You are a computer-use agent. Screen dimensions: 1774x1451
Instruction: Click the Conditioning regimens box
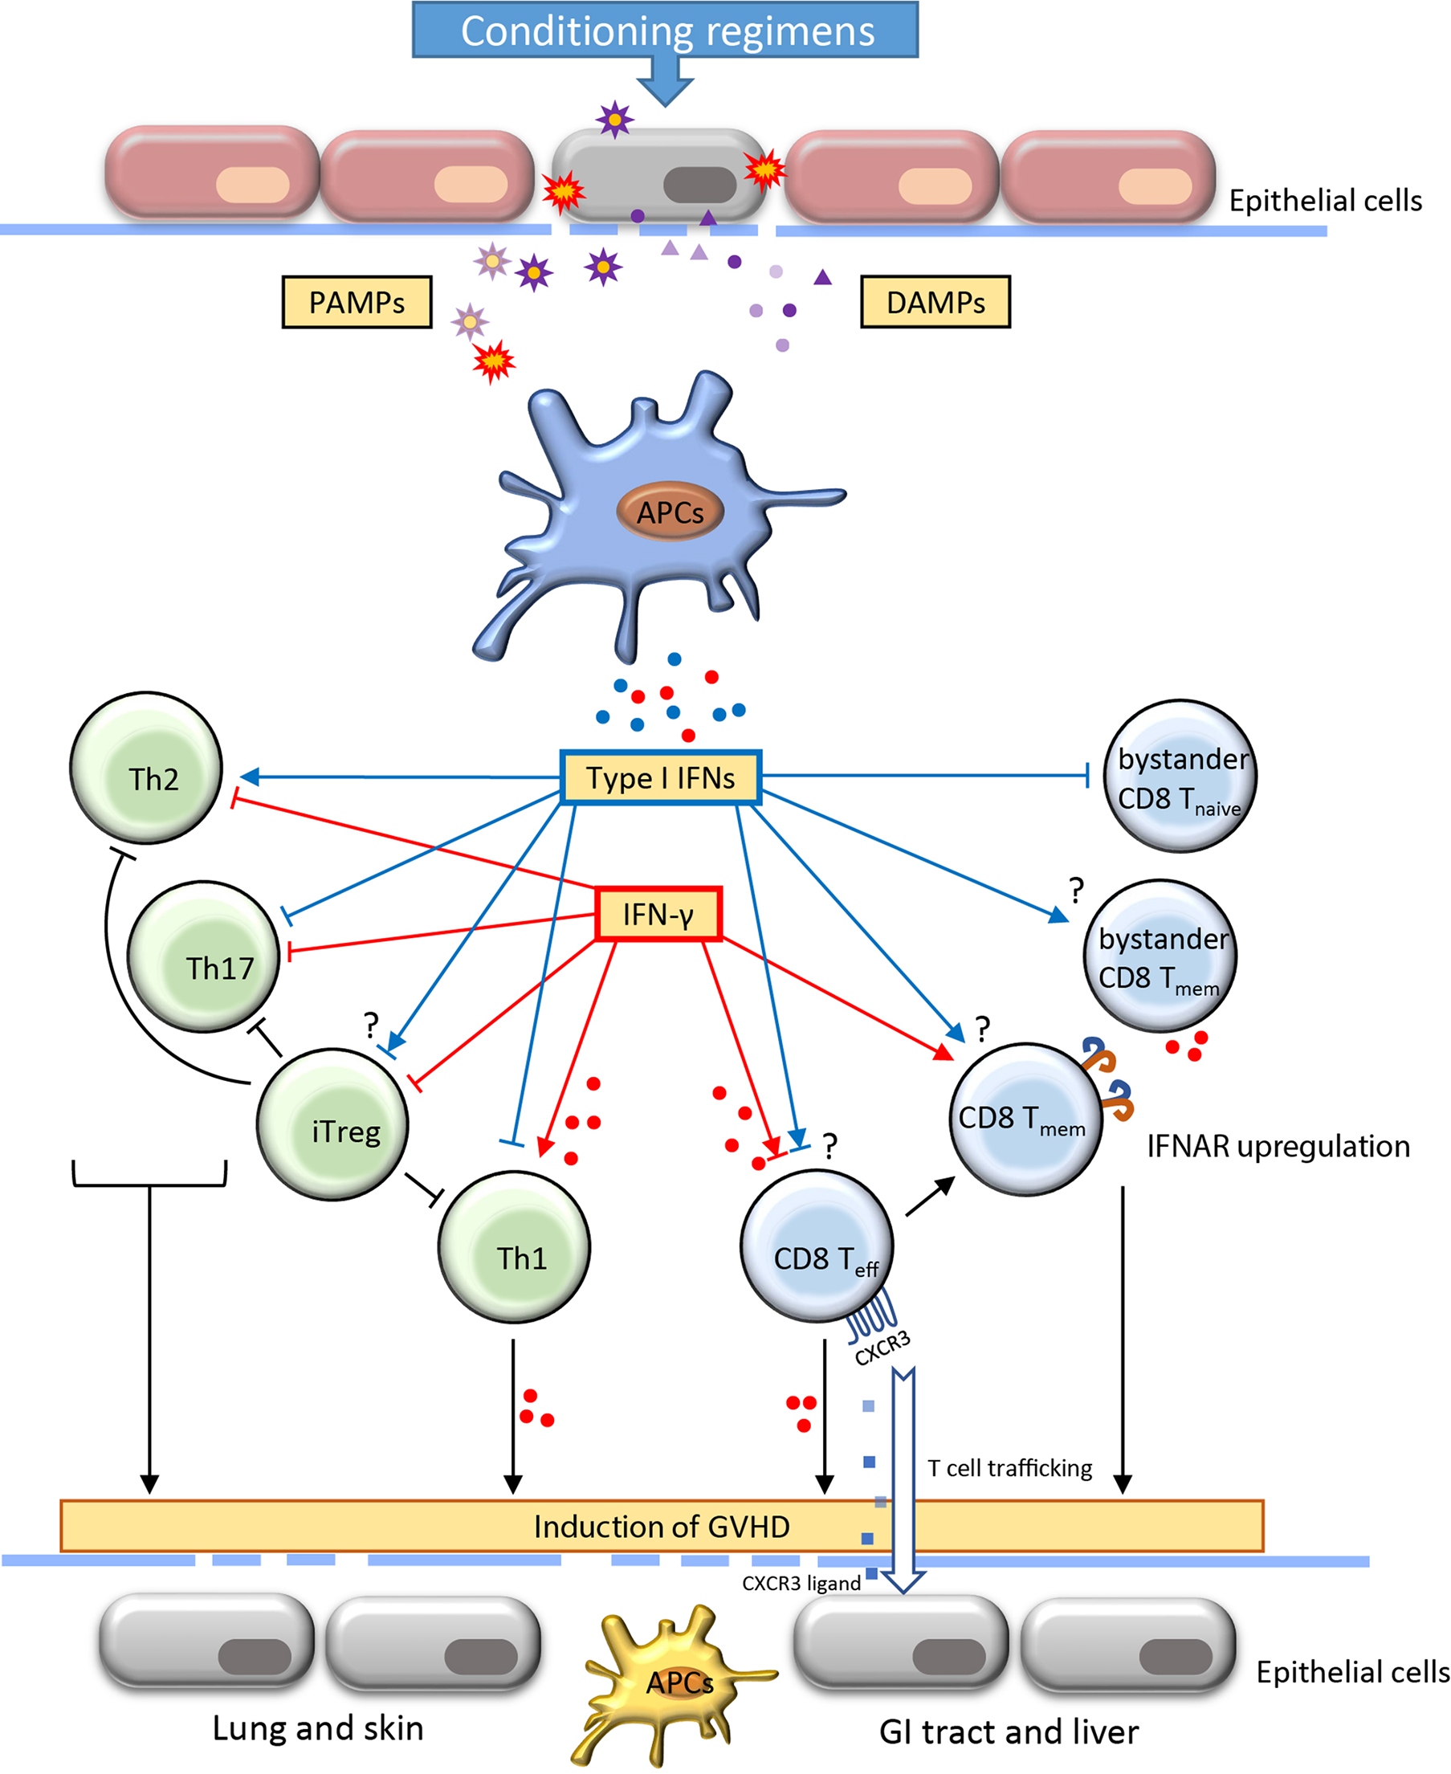point(666,31)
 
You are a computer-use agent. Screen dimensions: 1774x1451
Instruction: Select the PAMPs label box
point(357,302)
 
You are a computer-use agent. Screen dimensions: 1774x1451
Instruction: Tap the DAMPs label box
point(935,302)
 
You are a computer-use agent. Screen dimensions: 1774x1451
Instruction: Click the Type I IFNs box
point(660,777)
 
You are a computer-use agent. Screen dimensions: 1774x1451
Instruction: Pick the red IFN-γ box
point(658,914)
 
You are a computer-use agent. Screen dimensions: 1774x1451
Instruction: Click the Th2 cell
point(146,768)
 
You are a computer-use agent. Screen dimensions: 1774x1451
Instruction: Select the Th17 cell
point(203,956)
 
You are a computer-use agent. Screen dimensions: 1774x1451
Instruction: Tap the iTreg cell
point(332,1124)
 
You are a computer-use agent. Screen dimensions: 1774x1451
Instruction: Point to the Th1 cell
point(514,1246)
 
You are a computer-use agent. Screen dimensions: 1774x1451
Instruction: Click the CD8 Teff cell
point(817,1246)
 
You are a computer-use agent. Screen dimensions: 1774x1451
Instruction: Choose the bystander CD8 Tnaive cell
point(1180,776)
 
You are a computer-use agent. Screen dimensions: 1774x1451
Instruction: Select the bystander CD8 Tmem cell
point(1160,956)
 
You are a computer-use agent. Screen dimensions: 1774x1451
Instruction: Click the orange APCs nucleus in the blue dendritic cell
point(670,512)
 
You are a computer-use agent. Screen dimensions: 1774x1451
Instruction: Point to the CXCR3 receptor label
point(882,1348)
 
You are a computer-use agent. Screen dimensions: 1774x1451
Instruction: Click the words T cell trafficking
point(1009,1468)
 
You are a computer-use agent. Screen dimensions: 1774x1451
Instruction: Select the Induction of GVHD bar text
point(661,1527)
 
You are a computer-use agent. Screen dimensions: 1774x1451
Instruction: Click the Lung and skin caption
point(318,1728)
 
